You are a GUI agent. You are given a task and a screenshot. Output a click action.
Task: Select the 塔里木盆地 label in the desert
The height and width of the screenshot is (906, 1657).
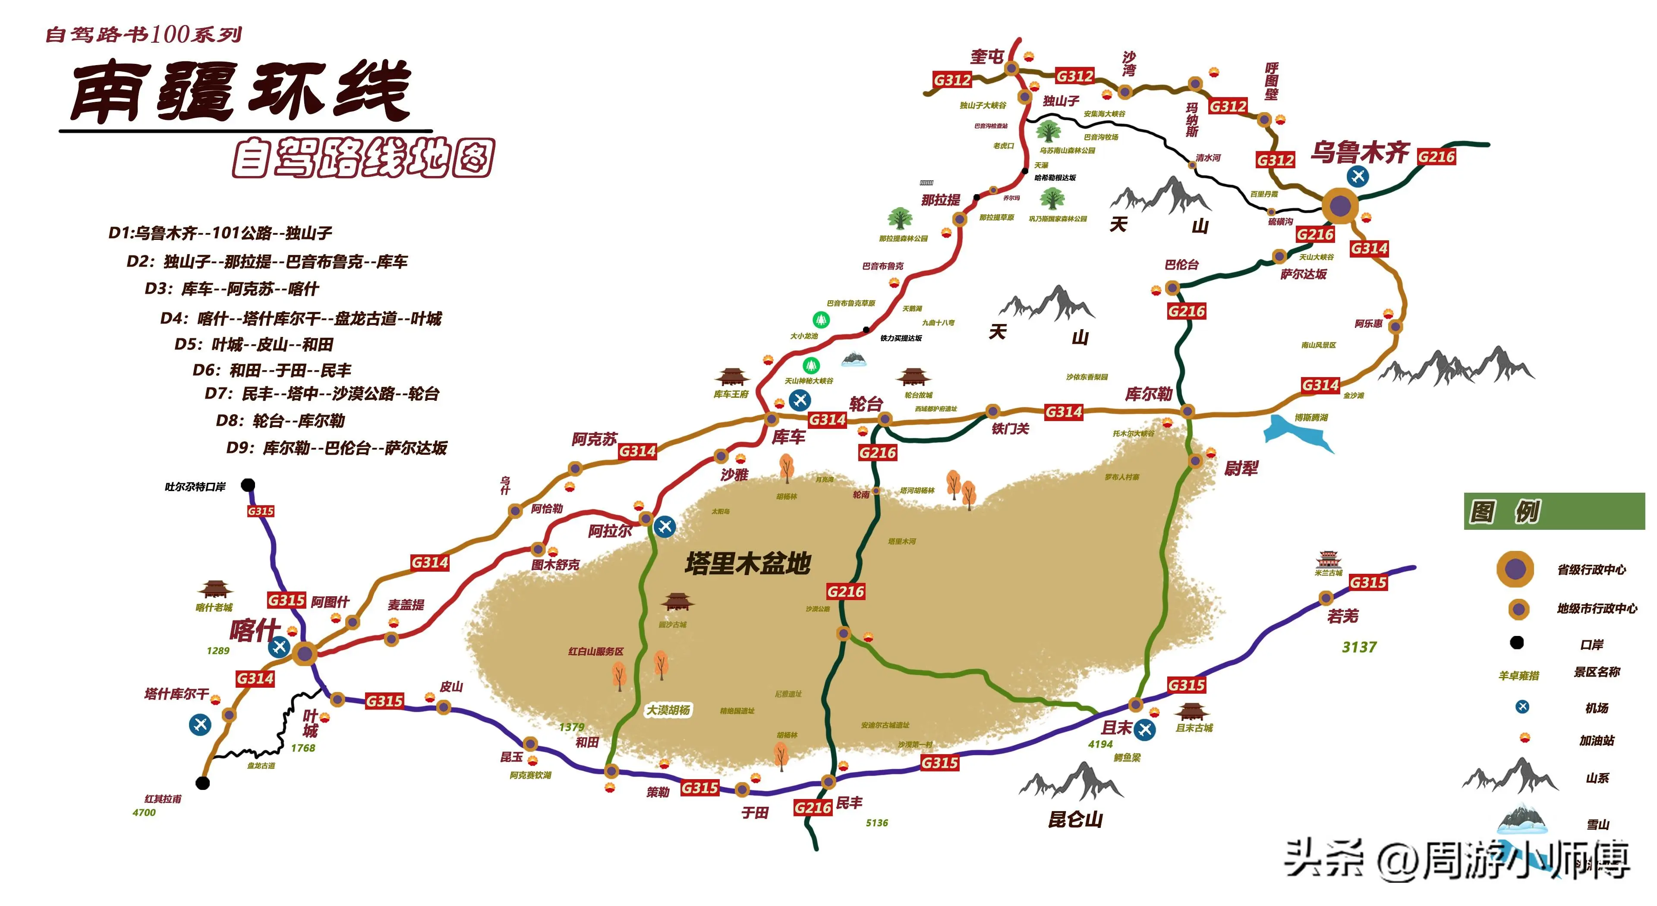point(747,563)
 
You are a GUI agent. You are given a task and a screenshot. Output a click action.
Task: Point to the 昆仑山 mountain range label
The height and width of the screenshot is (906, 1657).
point(1075,819)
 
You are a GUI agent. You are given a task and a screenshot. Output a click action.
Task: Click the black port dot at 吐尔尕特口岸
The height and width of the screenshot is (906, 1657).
point(248,485)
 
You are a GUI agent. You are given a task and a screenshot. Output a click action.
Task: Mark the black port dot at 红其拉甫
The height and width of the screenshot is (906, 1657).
point(203,783)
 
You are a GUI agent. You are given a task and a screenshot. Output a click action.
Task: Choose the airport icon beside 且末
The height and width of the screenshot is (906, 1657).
point(1145,729)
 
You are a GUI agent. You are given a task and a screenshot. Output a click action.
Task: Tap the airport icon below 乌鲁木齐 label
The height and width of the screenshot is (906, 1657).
point(1358,176)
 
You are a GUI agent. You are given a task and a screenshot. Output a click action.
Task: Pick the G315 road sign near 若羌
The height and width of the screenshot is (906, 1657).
point(1367,582)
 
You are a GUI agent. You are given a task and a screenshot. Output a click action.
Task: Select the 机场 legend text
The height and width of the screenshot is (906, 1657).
point(1597,708)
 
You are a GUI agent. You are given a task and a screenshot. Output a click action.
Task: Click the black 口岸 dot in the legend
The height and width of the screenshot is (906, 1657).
point(1517,642)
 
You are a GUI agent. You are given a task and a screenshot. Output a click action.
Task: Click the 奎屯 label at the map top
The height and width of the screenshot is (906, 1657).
point(987,57)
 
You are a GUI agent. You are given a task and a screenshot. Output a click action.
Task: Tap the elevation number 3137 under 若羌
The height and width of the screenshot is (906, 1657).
point(1359,647)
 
